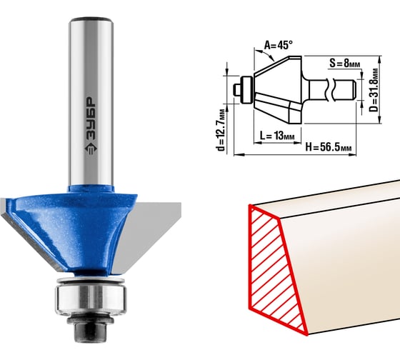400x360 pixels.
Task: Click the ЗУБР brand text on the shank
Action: (x=91, y=119)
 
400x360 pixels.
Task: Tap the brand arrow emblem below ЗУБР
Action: (x=91, y=148)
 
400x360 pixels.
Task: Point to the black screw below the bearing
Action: (x=90, y=329)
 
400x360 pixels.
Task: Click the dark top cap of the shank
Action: (x=91, y=19)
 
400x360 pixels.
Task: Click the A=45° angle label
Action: (x=278, y=45)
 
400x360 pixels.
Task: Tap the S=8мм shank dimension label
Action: (x=344, y=63)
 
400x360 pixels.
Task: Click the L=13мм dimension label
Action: (x=277, y=135)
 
